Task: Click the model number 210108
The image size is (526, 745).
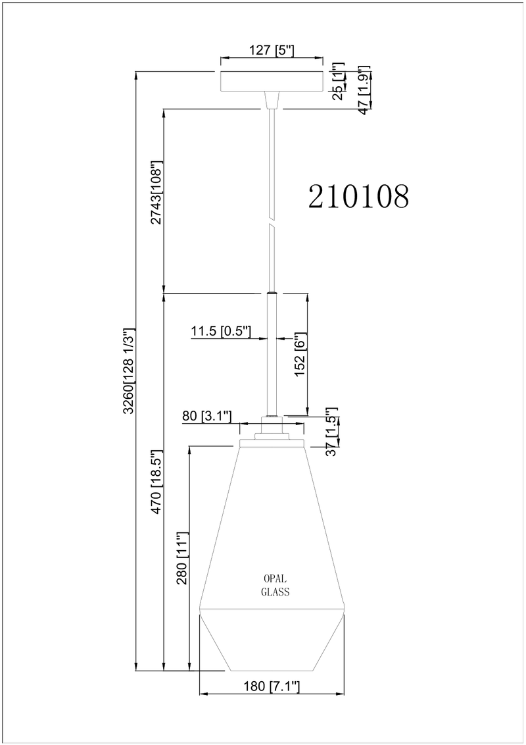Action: [358, 195]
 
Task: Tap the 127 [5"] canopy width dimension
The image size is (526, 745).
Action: [272, 51]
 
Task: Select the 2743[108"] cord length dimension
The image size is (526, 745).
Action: [156, 192]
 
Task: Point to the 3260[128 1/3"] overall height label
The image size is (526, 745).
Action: [129, 371]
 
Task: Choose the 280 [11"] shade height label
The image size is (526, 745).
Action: [183, 558]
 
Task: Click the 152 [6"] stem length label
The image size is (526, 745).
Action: [302, 355]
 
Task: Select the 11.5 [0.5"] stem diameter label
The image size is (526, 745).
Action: [220, 330]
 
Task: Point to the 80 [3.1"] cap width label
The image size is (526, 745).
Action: [207, 416]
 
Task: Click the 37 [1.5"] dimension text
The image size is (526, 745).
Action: [332, 432]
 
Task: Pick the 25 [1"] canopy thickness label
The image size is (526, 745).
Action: [338, 81]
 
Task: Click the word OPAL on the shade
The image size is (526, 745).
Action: [275, 578]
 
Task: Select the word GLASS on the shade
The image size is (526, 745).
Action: [275, 592]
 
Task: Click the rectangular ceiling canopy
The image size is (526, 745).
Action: [272, 81]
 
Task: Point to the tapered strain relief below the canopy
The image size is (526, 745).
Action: [272, 100]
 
